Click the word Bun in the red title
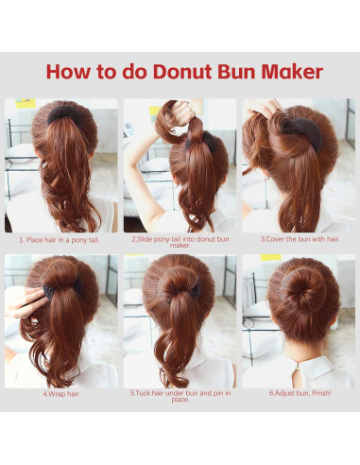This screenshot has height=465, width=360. [233, 72]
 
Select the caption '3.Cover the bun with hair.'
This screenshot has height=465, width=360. [299, 239]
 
